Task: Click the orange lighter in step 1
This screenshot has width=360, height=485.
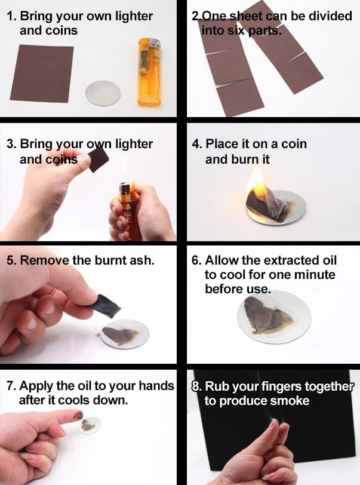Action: coord(150,72)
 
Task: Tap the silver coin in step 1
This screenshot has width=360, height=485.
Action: coord(103,93)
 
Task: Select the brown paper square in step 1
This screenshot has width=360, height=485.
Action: coord(42,73)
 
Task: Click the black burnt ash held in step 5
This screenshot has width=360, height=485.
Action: coord(105,306)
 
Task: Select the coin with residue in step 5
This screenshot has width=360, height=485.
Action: coord(125,334)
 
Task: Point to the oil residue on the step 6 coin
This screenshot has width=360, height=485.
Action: coord(267,315)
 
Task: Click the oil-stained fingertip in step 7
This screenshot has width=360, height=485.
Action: coord(78,415)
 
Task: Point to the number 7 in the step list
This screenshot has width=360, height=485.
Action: coord(10,386)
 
